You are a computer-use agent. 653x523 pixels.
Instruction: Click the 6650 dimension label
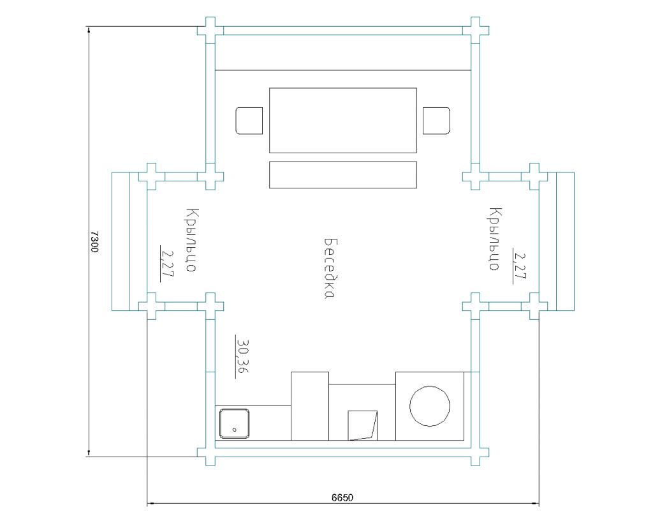[342, 497]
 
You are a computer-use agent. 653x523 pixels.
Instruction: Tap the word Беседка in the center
[330, 269]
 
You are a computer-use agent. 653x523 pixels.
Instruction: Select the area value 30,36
[242, 356]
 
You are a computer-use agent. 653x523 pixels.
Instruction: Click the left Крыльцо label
[192, 240]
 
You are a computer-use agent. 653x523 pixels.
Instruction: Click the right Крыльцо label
[495, 239]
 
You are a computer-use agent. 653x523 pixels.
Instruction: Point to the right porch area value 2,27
[520, 266]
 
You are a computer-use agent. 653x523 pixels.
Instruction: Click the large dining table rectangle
[342, 120]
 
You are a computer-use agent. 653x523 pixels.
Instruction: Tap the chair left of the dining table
[249, 121]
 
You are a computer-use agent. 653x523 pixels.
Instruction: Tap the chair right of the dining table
[436, 121]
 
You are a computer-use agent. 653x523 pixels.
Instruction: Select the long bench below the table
[342, 175]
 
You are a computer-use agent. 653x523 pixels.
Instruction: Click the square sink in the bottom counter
[235, 423]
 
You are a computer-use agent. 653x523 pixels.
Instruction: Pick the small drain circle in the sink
[235, 430]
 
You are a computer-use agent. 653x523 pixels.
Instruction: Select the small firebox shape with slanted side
[362, 425]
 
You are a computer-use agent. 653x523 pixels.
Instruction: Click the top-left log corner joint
[210, 31]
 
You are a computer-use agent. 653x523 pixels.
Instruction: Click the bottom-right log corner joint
[475, 452]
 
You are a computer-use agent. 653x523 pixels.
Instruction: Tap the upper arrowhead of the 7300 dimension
[89, 29]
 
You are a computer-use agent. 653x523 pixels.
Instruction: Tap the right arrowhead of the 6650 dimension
[536, 503]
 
